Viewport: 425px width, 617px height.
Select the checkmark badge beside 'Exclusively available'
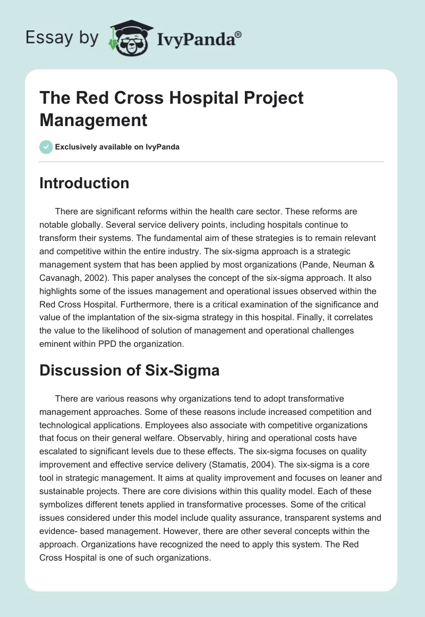46,147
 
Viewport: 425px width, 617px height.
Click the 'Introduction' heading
84,183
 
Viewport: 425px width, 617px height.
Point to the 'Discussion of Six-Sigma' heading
130,370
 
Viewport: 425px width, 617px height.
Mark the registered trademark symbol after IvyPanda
238,34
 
